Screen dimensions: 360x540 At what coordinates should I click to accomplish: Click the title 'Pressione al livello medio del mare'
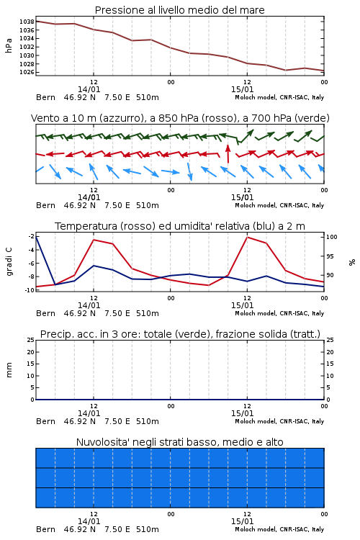point(179,10)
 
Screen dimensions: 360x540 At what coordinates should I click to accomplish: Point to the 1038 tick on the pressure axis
point(27,22)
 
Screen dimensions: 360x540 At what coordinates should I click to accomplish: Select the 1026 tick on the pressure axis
point(27,72)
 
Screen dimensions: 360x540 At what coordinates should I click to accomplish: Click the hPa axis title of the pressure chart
point(9,45)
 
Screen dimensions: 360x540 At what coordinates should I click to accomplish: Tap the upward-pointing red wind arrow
point(228,153)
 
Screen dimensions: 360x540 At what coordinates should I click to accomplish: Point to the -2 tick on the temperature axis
point(31,236)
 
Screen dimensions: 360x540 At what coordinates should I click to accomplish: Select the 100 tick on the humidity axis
point(332,237)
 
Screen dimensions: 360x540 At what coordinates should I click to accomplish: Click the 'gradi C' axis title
point(9,261)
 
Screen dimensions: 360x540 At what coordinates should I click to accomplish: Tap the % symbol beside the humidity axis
point(352,262)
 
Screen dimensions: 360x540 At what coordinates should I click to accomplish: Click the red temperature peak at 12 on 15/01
point(247,237)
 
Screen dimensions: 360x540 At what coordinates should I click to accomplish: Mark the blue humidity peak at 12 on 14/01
point(94,266)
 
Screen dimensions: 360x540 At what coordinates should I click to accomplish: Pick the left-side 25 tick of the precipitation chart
point(30,340)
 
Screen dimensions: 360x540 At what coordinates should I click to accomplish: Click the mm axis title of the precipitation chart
point(9,369)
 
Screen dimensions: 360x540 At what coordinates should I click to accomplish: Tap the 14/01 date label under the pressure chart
point(89,89)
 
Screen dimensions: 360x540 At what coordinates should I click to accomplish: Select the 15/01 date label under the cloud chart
point(242,521)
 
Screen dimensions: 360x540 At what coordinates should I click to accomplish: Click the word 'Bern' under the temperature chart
point(45,313)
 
